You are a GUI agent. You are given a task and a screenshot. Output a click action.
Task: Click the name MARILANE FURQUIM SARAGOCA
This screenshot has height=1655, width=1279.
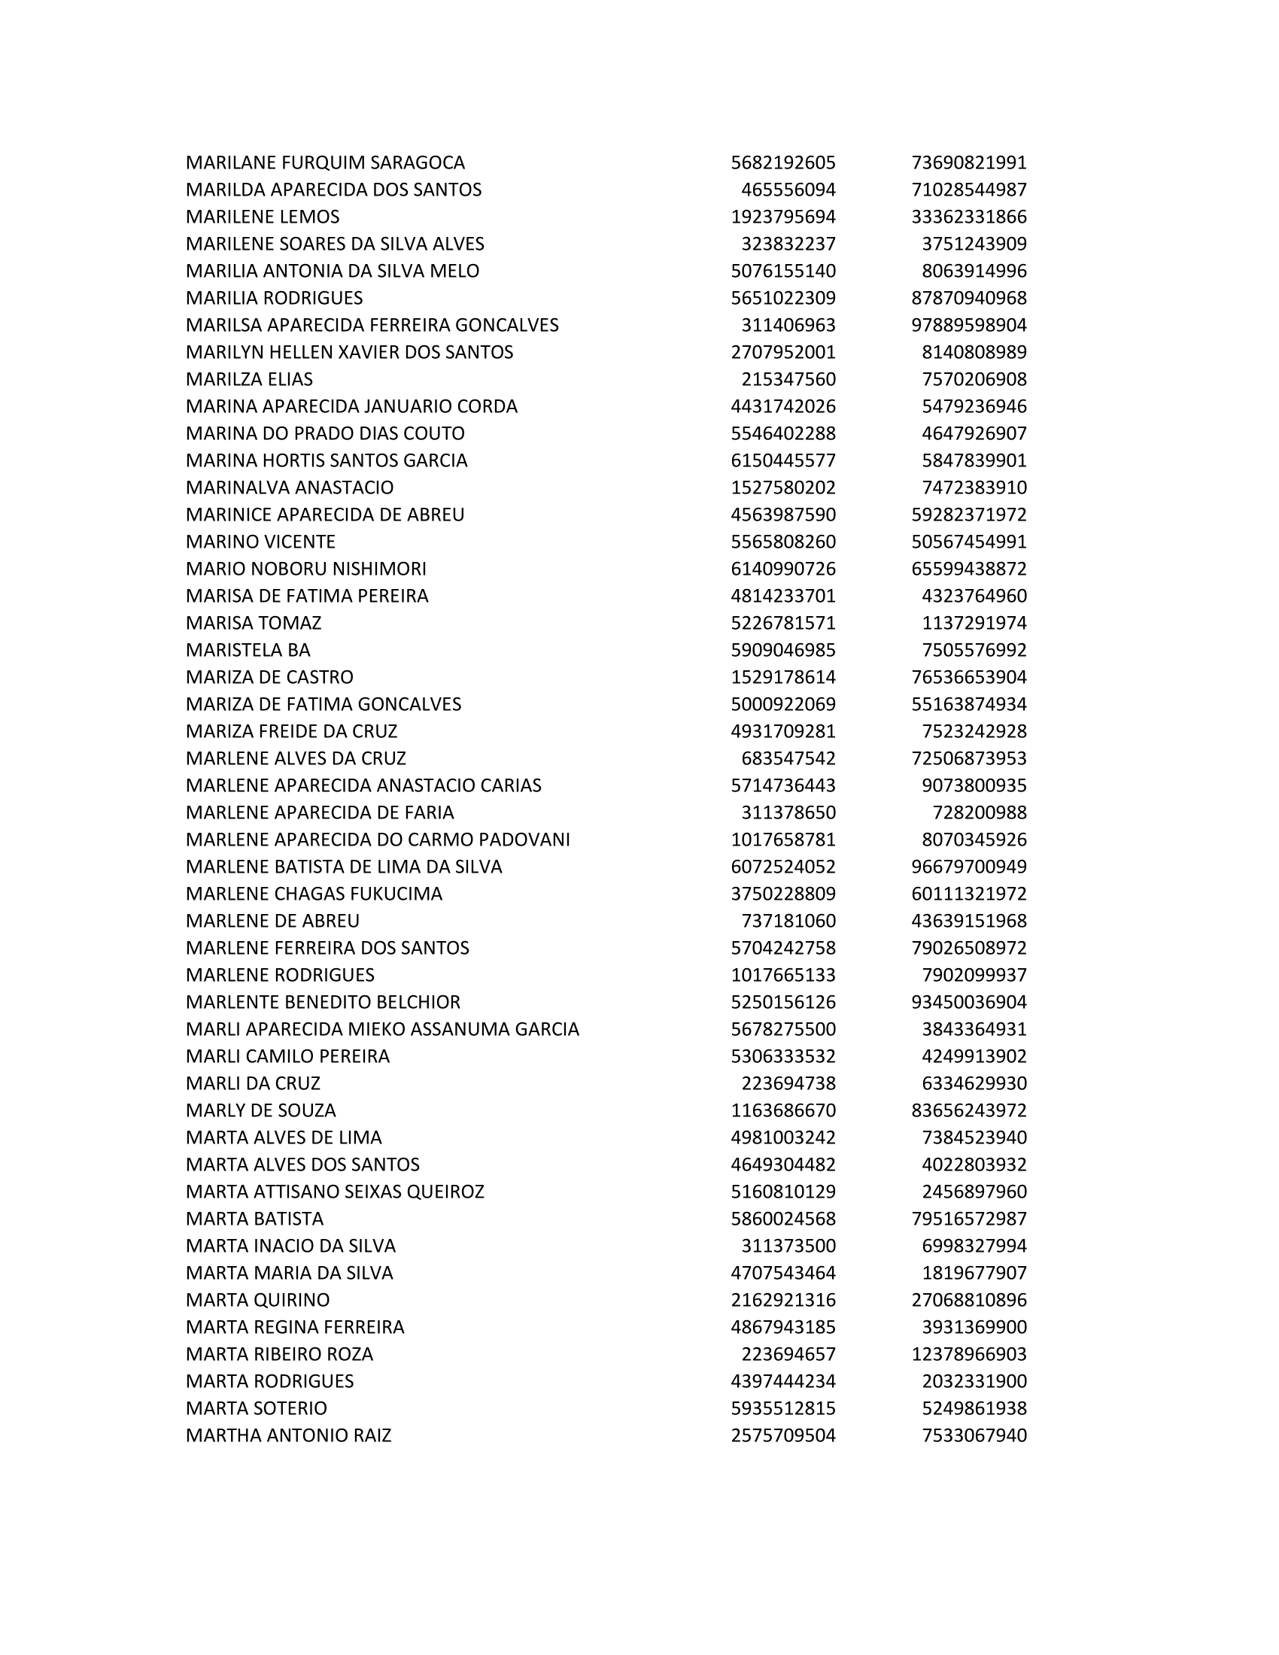coord(325,163)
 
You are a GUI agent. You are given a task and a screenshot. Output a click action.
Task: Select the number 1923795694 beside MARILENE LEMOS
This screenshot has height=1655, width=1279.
coord(782,217)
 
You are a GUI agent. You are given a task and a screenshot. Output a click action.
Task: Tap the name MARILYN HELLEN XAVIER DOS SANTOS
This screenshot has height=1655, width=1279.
coord(349,352)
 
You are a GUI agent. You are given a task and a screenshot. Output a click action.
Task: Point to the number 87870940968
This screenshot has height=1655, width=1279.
coord(968,298)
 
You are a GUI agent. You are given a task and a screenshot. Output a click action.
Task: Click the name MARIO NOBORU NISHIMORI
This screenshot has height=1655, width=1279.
coord(306,569)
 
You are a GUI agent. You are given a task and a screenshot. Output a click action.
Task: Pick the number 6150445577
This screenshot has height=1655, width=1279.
coord(782,460)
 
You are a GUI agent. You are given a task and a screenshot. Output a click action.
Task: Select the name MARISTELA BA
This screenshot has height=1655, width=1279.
coord(248,650)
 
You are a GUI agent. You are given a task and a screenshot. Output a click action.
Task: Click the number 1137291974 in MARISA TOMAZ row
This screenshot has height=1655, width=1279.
coord(974,623)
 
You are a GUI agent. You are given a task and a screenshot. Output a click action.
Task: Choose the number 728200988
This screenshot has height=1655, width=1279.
coord(979,812)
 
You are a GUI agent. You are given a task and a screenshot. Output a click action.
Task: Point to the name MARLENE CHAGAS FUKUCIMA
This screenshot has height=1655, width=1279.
coord(314,894)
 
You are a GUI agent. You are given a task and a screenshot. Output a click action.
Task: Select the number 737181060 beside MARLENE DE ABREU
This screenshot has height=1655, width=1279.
coord(788,921)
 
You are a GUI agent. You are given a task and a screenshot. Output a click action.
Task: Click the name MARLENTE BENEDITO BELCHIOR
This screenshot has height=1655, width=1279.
coord(323,1003)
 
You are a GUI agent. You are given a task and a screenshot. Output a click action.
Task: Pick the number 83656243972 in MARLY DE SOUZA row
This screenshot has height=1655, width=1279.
coord(968,1111)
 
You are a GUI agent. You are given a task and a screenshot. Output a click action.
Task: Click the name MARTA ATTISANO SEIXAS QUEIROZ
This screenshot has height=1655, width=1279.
coord(335,1192)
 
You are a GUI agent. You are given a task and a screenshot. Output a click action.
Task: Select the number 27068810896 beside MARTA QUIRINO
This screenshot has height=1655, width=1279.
coord(968,1301)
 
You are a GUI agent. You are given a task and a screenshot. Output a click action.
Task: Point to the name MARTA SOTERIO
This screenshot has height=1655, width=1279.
coord(256,1409)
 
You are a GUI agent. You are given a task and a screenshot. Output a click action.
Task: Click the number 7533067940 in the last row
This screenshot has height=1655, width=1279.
coord(974,1436)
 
